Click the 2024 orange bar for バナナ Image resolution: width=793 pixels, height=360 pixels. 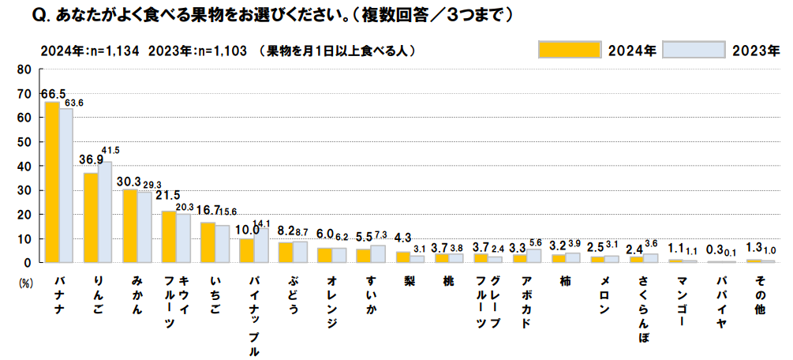pos(52,182)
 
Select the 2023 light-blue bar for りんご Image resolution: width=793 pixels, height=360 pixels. pos(104,212)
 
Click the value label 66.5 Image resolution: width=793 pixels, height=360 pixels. pos(53,94)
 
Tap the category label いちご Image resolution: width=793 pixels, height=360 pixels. pos(214,294)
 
